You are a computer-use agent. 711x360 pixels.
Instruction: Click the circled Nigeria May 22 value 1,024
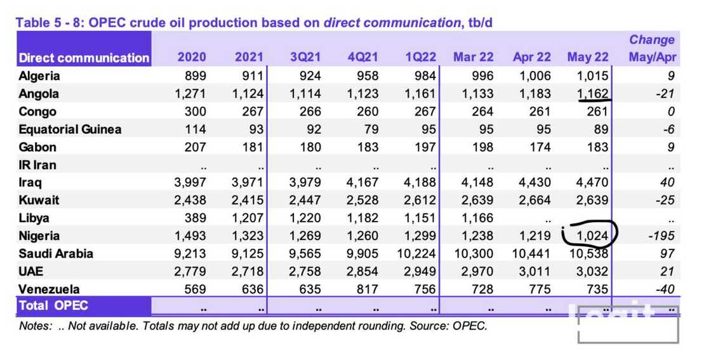click(x=592, y=236)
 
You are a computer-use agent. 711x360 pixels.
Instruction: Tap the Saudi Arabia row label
click(x=56, y=254)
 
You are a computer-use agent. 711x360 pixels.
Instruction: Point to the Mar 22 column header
click(x=473, y=57)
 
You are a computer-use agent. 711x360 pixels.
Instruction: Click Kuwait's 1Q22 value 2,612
click(x=420, y=201)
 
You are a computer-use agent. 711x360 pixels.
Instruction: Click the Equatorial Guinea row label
click(x=70, y=130)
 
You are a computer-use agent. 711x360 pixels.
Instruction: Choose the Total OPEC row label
click(x=53, y=305)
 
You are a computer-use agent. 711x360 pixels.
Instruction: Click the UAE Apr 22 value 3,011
click(x=532, y=272)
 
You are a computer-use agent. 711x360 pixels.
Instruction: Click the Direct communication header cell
click(x=84, y=58)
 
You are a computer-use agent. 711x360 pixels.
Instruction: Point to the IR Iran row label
click(x=37, y=165)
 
